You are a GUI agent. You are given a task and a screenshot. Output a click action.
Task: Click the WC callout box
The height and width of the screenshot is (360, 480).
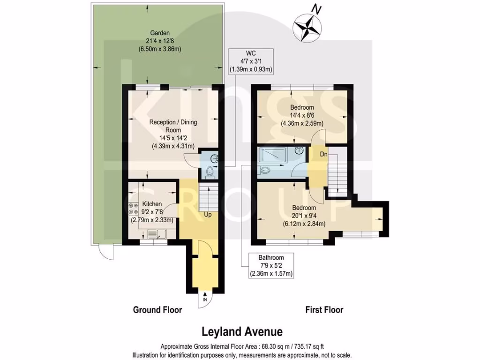pos(251,61)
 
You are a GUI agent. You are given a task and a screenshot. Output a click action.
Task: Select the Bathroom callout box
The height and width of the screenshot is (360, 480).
pos(271,265)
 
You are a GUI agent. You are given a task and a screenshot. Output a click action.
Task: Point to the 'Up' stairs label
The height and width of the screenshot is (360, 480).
pos(208,215)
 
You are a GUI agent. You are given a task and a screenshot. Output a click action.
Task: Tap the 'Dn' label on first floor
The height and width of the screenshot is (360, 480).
pos(324,154)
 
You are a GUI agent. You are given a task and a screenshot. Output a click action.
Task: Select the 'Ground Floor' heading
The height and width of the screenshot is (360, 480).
pos(157,310)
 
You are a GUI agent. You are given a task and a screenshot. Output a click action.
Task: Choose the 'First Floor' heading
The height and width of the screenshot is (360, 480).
pos(324,310)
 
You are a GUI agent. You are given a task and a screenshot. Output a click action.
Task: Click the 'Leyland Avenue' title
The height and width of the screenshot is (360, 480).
pos(242,332)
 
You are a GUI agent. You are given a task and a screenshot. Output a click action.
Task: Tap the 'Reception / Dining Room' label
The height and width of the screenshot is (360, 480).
pos(173,134)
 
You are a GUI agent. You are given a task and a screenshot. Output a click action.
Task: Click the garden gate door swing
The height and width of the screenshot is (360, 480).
pos(104,253)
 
